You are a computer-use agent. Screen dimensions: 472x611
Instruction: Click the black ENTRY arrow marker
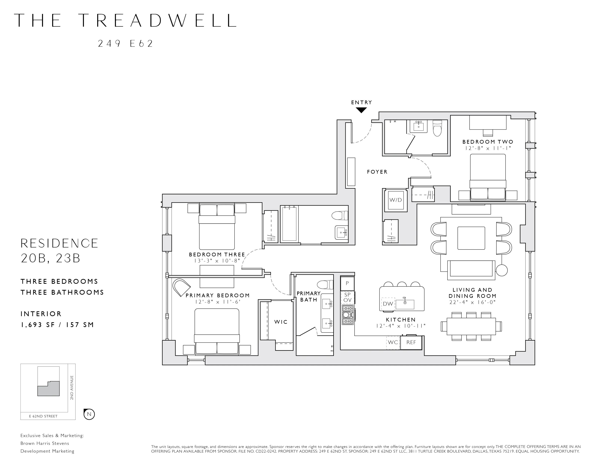361,110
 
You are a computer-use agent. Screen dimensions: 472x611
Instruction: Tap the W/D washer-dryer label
396,200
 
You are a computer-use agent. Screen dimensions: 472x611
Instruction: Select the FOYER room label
377,172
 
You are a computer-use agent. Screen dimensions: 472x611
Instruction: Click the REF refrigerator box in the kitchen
411,342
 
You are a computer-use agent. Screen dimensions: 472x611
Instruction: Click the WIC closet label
281,322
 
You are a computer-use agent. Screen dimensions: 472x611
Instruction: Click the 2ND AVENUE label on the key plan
72,388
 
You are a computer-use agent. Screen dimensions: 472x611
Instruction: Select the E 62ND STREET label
43,416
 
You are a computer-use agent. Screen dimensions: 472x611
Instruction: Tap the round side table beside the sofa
502,270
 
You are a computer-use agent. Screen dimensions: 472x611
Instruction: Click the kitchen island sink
405,304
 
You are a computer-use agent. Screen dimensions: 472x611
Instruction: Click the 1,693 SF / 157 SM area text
57,325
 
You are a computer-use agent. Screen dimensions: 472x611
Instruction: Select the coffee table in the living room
471,238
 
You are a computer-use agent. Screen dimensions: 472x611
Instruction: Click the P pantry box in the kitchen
347,283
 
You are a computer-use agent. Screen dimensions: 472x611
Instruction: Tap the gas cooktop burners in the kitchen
348,314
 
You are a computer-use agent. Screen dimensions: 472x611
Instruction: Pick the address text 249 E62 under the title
126,44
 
